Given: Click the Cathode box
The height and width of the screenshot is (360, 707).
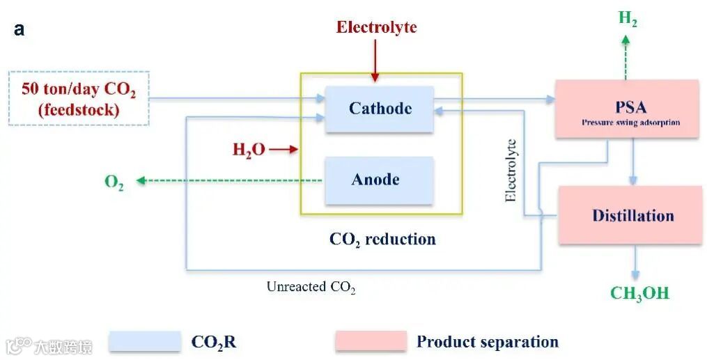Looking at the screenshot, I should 380,109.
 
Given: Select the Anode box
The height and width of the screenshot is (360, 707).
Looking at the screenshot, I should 379,180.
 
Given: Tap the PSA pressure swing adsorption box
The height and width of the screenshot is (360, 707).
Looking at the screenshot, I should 627,109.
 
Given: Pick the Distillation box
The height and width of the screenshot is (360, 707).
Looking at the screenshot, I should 630,215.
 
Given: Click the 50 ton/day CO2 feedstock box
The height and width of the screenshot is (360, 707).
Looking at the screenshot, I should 79,99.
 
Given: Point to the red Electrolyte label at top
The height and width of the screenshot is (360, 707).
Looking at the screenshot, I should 376,27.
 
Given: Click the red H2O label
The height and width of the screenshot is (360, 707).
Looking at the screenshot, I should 249,149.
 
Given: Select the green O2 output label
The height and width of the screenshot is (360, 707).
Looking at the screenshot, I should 114,182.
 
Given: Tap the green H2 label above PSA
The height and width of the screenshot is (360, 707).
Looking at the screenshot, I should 628,19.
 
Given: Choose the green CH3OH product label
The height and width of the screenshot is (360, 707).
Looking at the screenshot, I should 639,293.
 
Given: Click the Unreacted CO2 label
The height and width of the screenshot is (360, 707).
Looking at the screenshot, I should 311,286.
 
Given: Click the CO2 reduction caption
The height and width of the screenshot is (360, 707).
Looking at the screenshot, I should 382,239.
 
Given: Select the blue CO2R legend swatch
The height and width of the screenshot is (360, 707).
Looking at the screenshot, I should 145,341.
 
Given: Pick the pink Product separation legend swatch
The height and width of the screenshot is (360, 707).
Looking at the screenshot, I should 371,341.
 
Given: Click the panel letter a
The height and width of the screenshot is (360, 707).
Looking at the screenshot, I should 19,30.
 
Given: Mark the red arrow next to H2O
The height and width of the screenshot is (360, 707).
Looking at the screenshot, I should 283,149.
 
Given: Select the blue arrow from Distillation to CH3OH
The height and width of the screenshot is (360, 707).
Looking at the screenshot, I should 635,263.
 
